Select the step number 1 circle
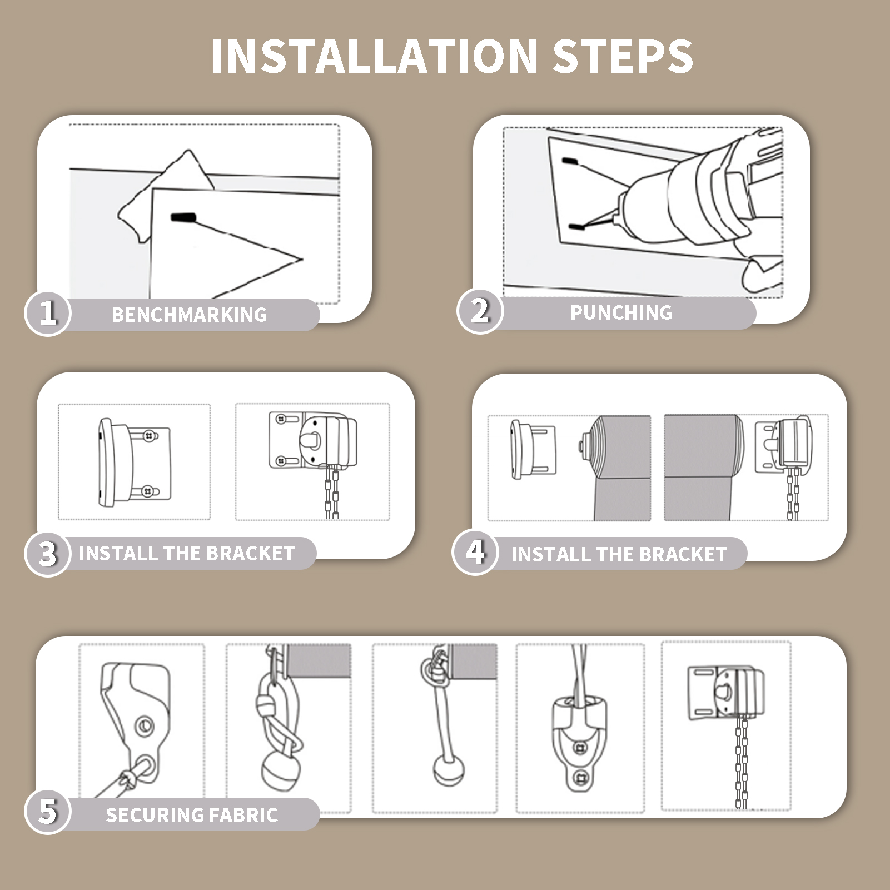[x=48, y=313]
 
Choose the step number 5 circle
[x=48, y=811]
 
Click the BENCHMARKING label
[x=190, y=315]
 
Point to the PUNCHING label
[x=621, y=312]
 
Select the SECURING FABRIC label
[x=192, y=815]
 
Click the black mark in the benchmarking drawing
[x=183, y=218]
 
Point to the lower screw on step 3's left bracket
[x=147, y=491]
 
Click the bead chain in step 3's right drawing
[x=332, y=494]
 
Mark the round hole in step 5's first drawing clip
[x=145, y=725]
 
